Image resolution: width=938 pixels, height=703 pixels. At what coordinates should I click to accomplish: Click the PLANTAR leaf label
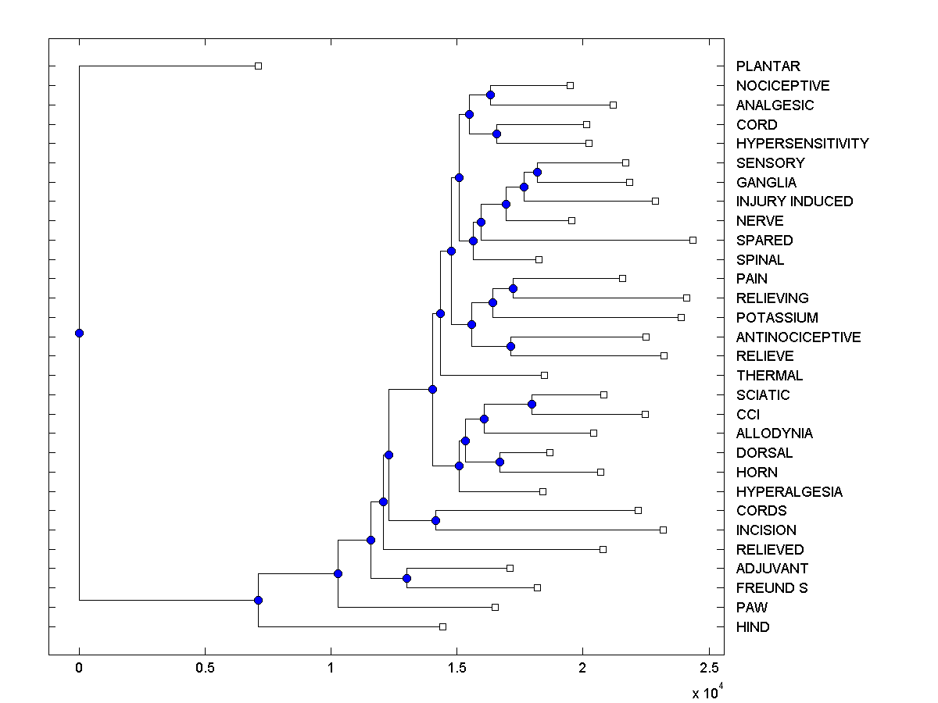(768, 66)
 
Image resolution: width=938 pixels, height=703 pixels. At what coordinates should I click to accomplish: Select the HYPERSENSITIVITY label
(802, 144)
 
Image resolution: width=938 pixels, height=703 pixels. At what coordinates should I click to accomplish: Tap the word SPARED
(764, 241)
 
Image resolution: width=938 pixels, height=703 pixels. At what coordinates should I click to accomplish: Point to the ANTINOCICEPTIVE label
(798, 337)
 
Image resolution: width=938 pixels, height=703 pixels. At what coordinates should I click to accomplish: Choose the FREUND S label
(772, 588)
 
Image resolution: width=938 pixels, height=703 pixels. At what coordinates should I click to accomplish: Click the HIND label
(753, 627)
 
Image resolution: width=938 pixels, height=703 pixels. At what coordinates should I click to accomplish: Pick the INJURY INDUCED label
(794, 202)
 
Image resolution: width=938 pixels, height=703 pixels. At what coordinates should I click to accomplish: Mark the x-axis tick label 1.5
(456, 669)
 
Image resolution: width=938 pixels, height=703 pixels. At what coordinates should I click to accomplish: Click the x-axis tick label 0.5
(205, 669)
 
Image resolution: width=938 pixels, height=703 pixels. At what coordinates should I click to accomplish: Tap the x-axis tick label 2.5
(708, 669)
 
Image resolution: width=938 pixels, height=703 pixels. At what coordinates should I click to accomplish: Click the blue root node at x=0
(79, 334)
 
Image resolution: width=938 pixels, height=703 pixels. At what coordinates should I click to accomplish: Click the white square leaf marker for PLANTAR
(259, 66)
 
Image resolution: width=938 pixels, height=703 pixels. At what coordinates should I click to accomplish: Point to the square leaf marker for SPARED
(693, 240)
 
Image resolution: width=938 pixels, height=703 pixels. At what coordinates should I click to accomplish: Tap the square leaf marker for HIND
(442, 626)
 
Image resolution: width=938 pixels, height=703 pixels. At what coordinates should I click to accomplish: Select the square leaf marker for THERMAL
(545, 376)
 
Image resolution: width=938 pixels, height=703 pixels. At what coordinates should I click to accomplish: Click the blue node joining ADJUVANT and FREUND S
(406, 579)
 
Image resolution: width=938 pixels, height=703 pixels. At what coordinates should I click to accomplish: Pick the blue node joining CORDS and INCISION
(436, 520)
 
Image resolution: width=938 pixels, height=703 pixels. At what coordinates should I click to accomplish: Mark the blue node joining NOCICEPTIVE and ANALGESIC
(490, 95)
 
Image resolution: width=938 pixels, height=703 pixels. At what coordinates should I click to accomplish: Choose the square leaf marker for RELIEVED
(603, 549)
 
